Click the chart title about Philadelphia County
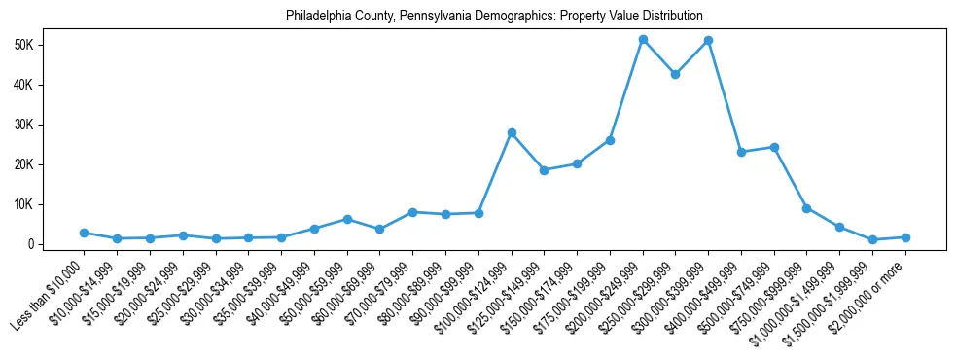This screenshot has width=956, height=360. (x=494, y=17)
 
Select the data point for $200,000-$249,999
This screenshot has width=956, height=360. (x=643, y=39)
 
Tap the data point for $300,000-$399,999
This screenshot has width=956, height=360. (x=708, y=40)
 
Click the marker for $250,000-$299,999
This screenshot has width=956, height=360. (x=675, y=74)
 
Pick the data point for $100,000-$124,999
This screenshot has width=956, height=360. (x=512, y=132)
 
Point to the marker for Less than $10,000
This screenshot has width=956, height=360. (x=85, y=233)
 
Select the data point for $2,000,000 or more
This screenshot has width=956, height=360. (x=905, y=237)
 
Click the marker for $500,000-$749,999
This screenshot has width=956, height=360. (x=774, y=147)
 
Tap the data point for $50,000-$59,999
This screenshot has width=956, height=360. (x=347, y=219)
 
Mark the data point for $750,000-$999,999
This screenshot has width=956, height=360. (x=806, y=208)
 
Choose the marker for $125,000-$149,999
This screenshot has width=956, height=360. (x=544, y=170)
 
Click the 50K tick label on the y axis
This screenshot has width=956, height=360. (x=51, y=45)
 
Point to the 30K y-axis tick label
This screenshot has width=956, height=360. (x=51, y=125)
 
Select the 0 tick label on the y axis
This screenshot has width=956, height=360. (x=57, y=244)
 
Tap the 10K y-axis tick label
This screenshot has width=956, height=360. (x=51, y=204)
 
